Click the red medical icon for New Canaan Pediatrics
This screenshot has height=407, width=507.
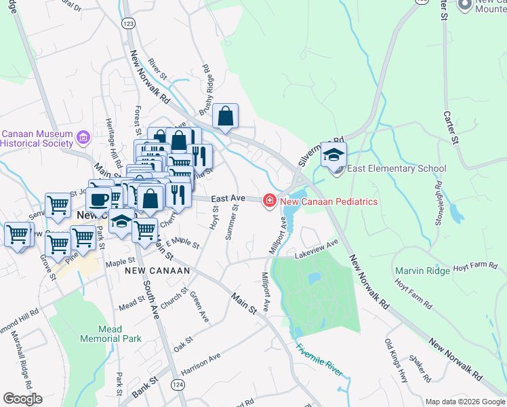pos(269,201)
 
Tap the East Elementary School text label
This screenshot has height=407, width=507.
pos(397,169)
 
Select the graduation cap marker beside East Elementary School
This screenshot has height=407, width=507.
pos(333,155)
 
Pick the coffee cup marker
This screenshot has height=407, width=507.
pos(99,200)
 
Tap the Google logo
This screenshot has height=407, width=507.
pos(22,398)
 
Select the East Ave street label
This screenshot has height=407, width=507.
pos(227,198)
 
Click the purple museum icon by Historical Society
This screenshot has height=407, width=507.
pos(83,138)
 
